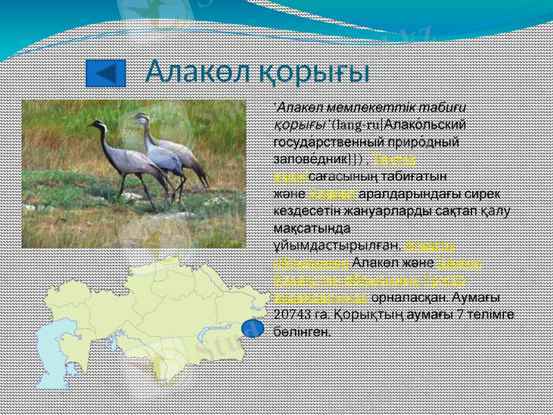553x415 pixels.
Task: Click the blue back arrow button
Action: tap(105, 73)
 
